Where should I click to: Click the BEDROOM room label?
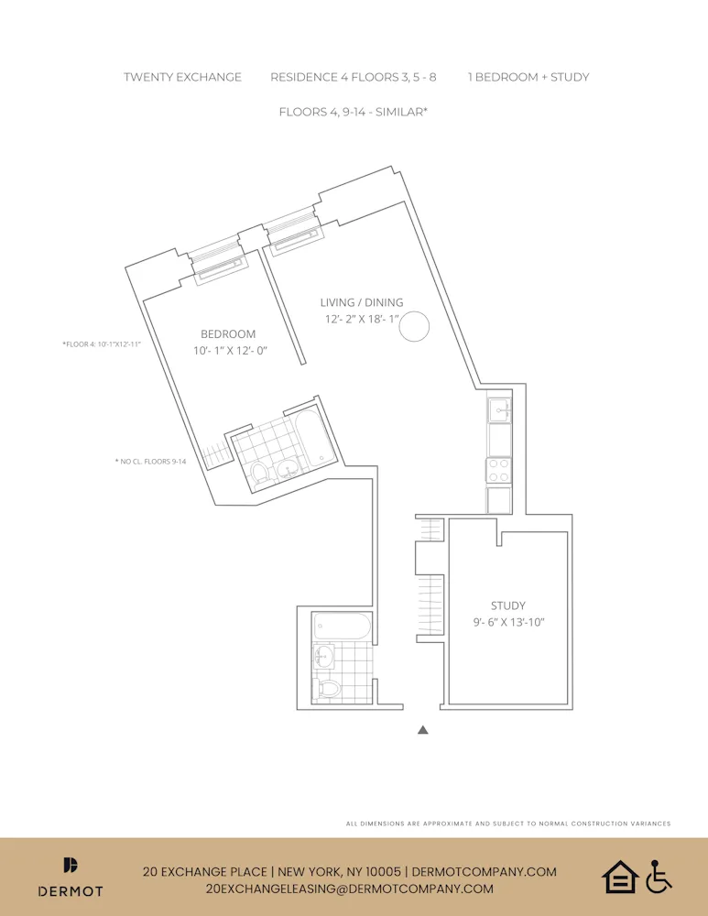tap(228, 334)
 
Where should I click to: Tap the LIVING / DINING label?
tap(361, 302)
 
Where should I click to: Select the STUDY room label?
tap(507, 605)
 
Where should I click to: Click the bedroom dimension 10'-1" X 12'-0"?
tap(229, 351)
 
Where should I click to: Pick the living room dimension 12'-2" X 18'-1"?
tap(361, 319)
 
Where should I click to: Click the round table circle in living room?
tap(414, 327)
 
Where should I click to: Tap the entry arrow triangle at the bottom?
tap(422, 730)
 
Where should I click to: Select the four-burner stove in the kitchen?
tap(499, 470)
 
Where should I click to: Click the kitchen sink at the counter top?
tap(498, 409)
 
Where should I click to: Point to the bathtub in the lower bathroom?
tap(342, 627)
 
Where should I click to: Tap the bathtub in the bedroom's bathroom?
tap(314, 438)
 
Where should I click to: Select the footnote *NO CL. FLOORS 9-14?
tap(150, 462)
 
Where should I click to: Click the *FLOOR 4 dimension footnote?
tap(102, 344)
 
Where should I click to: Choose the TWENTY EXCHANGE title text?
tap(182, 77)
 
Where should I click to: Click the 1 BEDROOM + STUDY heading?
tap(528, 77)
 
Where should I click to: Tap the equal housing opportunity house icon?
tap(619, 877)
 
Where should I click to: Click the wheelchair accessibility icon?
tap(659, 877)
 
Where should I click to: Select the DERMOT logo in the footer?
tap(71, 878)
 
